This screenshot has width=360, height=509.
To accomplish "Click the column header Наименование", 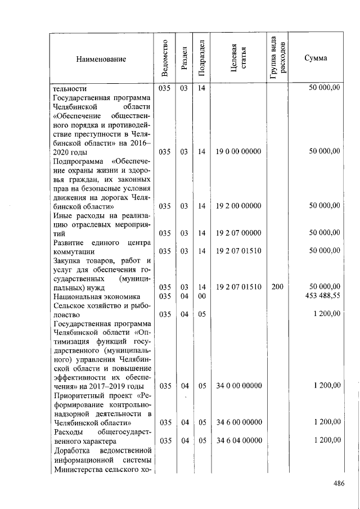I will (102, 59).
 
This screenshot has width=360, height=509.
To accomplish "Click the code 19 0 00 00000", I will (238, 151).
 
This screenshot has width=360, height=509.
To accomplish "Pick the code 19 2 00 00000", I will (238, 206).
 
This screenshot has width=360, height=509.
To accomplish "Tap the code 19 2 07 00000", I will (238, 233).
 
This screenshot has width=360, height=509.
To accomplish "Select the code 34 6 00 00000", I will (238, 422).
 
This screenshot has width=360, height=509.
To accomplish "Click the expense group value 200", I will (277, 287).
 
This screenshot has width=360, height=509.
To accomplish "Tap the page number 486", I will (338, 483).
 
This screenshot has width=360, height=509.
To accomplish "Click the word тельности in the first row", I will (69, 88).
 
